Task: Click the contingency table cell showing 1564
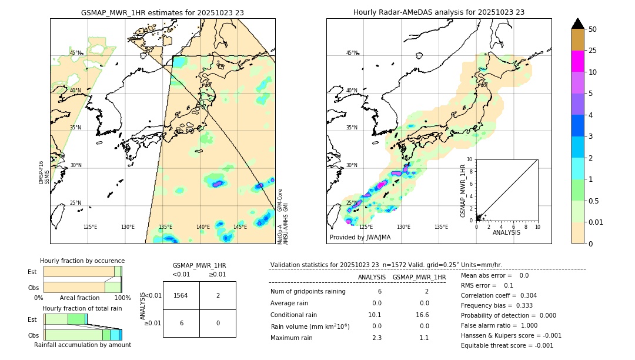(181, 295)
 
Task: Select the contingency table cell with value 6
(181, 323)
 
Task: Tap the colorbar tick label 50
(593, 29)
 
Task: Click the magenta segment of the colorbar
(577, 61)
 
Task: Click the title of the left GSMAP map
(162, 12)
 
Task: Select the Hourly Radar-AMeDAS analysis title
(439, 12)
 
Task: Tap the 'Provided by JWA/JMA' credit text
(360, 237)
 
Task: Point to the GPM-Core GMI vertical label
(283, 200)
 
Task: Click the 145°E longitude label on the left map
(240, 227)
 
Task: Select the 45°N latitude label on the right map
(352, 53)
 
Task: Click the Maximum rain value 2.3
(376, 338)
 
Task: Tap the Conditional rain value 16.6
(423, 315)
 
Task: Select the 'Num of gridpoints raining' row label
(308, 291)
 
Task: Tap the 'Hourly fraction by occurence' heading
(82, 261)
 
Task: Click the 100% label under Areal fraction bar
(122, 298)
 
